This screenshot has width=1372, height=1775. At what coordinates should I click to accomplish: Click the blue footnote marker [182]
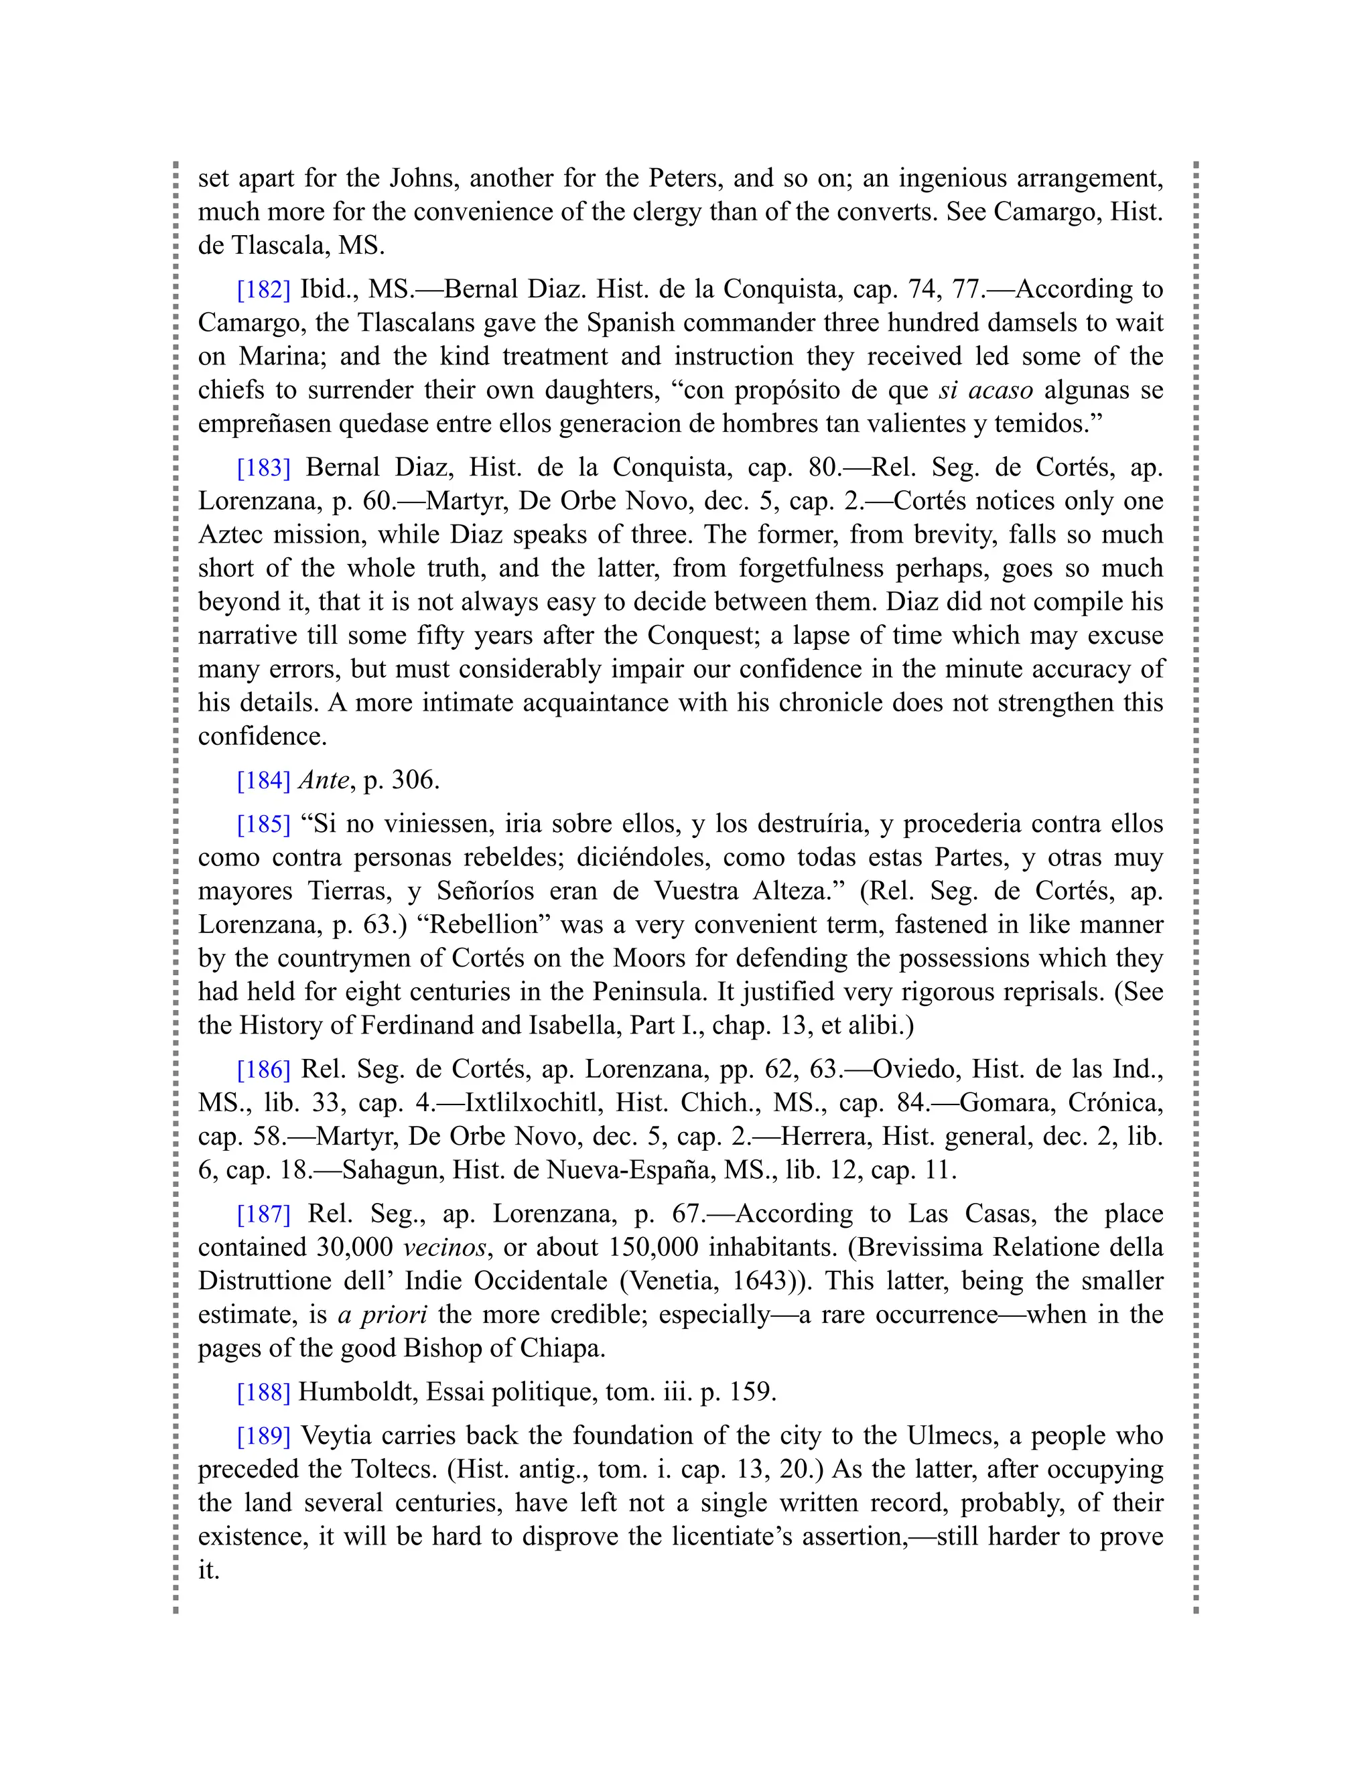point(263,289)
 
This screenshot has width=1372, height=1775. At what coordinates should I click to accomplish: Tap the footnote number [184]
point(263,780)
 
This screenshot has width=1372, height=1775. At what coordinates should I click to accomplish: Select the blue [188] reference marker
point(263,1393)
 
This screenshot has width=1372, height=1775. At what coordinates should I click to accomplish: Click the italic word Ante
point(325,780)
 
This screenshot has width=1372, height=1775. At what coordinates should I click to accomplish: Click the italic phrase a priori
point(382,1314)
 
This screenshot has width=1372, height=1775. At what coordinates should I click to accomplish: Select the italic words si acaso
point(985,390)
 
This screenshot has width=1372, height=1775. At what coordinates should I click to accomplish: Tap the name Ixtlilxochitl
point(534,1103)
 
